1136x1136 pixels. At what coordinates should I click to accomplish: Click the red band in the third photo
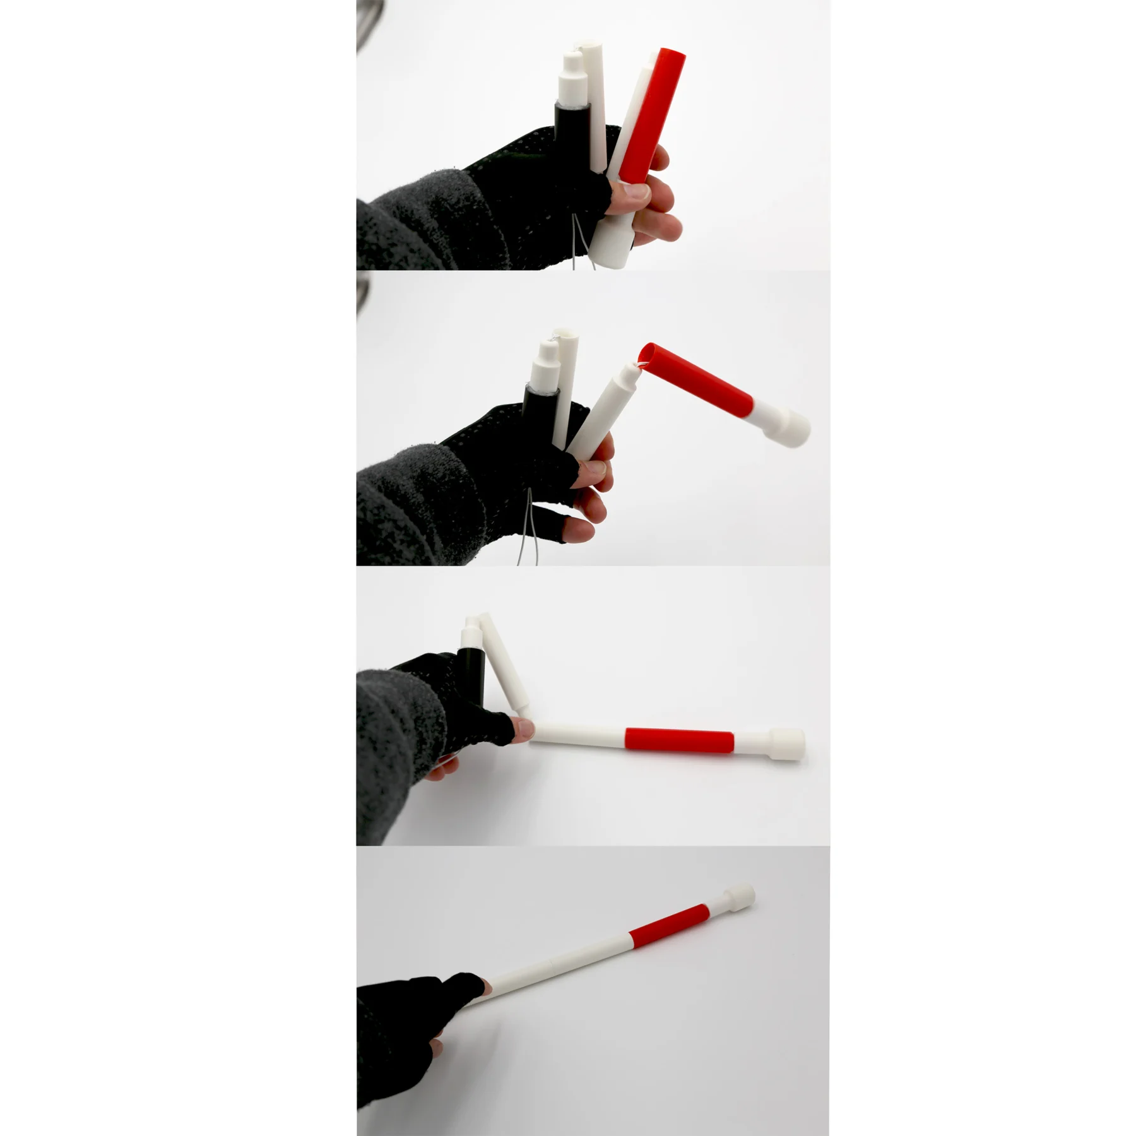[678, 740]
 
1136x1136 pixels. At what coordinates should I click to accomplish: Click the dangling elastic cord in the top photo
[577, 246]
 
